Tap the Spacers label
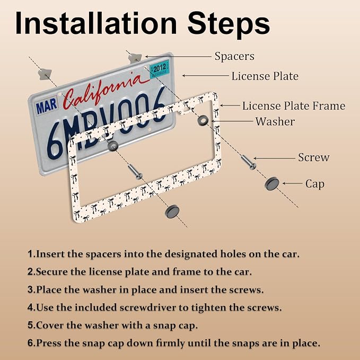(234, 57)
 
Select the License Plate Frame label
(294, 106)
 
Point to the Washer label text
(275, 121)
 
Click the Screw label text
(314, 157)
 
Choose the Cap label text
(315, 184)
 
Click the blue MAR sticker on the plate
(46, 106)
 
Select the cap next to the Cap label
(273, 183)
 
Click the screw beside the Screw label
(249, 162)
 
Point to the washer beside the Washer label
(203, 120)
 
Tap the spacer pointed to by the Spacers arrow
(135, 58)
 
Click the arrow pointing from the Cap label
(293, 183)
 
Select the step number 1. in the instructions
(32, 254)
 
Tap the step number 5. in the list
(32, 326)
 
